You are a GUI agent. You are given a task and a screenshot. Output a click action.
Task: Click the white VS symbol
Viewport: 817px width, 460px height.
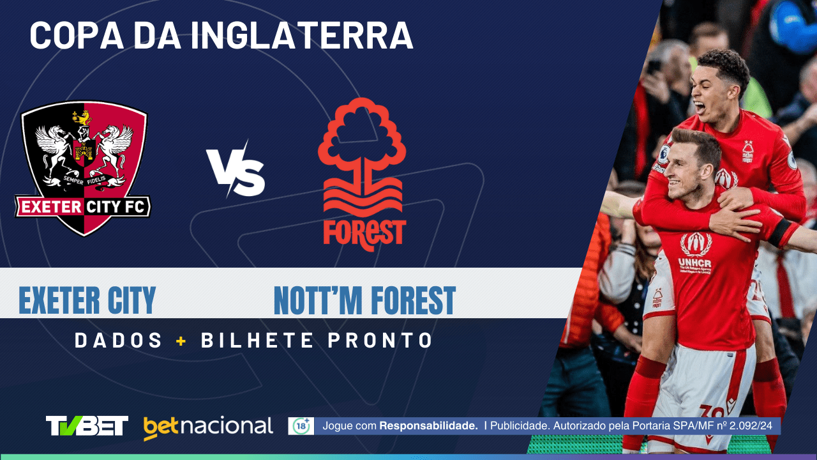coord(236,169)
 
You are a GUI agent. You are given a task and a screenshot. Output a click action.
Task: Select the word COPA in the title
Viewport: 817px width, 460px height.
coord(70,36)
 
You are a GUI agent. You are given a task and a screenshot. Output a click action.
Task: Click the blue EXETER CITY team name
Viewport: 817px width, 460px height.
coord(87,300)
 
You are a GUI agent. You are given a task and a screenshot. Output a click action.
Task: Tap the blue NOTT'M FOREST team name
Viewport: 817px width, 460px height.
coord(364,300)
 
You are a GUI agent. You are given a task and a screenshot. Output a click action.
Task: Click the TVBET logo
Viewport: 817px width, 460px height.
coord(87,425)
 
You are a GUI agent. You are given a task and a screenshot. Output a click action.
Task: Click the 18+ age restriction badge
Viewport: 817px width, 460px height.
coord(301,426)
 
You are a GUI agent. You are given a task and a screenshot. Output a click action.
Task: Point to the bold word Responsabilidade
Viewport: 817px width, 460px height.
coord(428,425)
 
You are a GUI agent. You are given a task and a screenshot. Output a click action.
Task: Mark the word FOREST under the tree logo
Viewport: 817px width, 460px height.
coord(364,233)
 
